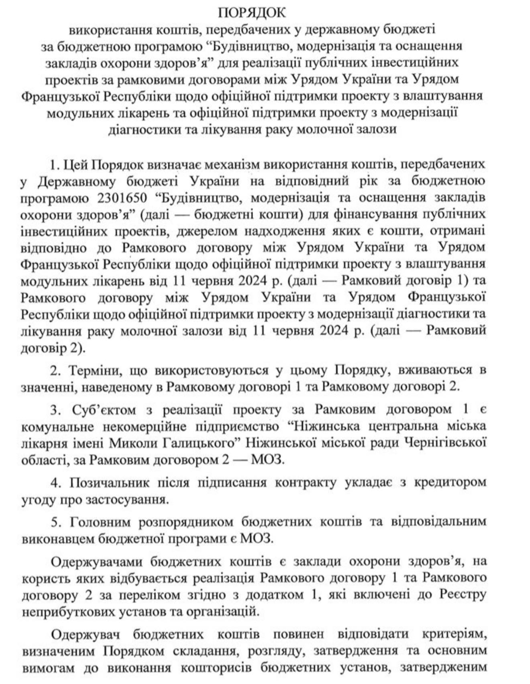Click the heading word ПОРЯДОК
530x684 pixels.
pyautogui.click(x=252, y=13)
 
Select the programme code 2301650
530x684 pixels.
pyautogui.click(x=119, y=198)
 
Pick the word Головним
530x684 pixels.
pyautogui.click(x=100, y=522)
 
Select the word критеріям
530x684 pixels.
pyautogui.click(x=455, y=635)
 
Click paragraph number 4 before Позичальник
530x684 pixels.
pyautogui.click(x=55, y=482)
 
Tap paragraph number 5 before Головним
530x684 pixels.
pyautogui.click(x=55, y=522)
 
